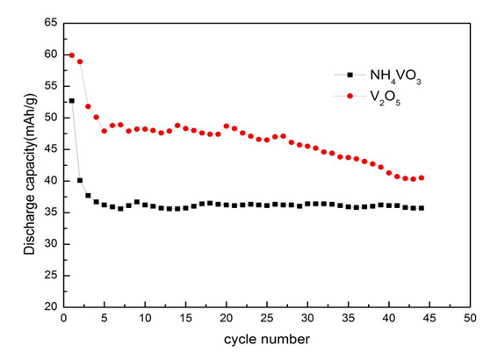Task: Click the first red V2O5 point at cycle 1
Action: click(x=72, y=55)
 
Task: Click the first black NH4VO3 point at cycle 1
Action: click(x=72, y=101)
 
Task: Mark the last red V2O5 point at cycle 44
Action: click(x=422, y=177)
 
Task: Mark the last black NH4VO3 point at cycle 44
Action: click(x=422, y=208)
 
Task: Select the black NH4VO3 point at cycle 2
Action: click(x=80, y=180)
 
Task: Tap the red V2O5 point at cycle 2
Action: click(x=80, y=61)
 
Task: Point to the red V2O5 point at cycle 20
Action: click(x=227, y=126)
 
